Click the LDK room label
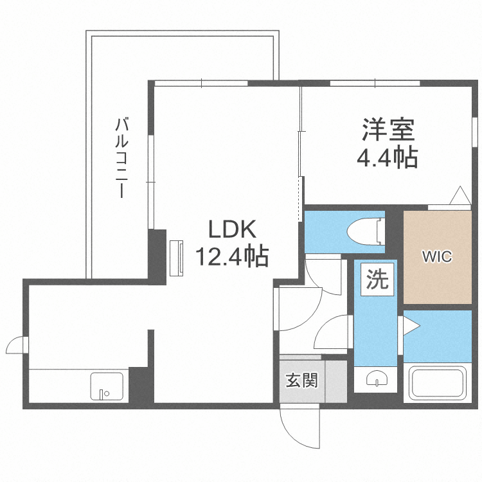(x=233, y=229)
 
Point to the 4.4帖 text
(x=387, y=157)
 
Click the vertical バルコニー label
(x=122, y=157)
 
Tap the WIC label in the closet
(x=437, y=256)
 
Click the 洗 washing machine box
(x=377, y=280)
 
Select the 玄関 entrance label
(x=301, y=380)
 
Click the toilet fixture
(x=366, y=231)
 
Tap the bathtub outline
(x=438, y=383)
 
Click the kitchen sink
(x=107, y=386)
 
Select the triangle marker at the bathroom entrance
(x=411, y=326)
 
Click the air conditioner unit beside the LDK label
(x=177, y=258)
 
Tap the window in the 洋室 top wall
(x=375, y=83)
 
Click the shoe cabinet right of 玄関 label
(x=336, y=381)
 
